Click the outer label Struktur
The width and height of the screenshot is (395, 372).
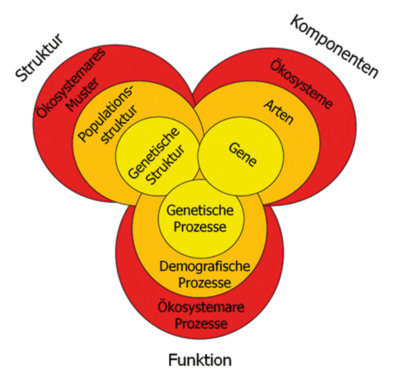tap(39, 59)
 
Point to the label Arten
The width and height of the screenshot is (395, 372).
tap(278, 112)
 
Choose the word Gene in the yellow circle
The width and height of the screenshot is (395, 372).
tap(243, 155)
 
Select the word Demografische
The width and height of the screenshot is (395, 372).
tap(205, 267)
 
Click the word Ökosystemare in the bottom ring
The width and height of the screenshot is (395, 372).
tap(201, 307)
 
